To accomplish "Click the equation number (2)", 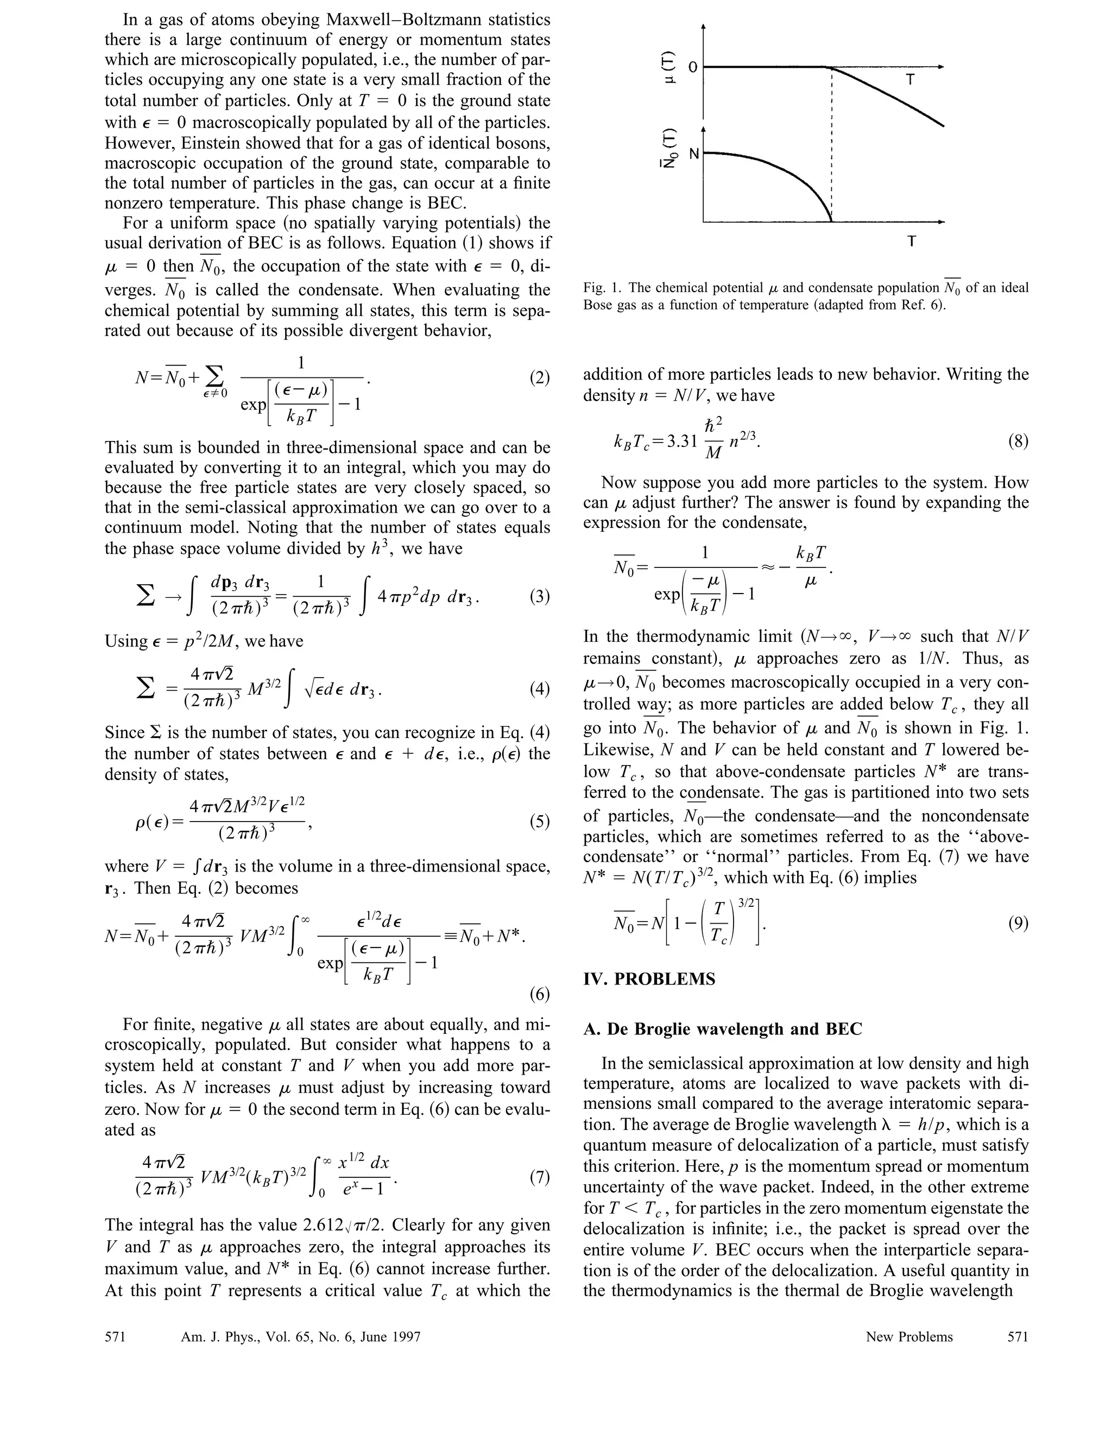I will (540, 378).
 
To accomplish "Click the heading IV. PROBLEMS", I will (649, 979).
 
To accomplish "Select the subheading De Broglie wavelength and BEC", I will (723, 1029).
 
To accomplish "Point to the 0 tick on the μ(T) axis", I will (692, 67).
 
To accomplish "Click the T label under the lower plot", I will (911, 241).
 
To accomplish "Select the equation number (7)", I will (540, 1177).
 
